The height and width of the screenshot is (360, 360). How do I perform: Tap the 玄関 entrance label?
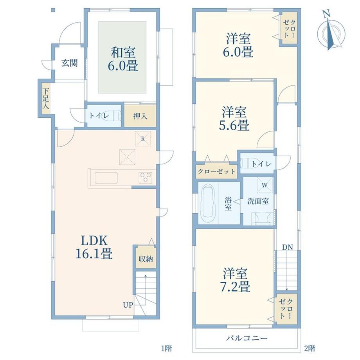point(69,63)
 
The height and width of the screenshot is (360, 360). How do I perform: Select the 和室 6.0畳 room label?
point(123,59)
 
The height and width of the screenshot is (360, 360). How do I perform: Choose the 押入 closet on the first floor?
point(140,116)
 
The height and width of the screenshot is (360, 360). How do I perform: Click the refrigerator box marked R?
point(143,139)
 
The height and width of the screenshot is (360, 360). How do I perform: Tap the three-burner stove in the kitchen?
point(145,178)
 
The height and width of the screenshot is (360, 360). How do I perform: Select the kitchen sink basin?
point(106,178)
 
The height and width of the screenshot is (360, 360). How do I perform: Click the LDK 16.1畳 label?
point(94,247)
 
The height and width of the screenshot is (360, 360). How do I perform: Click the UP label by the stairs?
point(128,305)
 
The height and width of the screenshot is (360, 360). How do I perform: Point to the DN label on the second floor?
point(288,247)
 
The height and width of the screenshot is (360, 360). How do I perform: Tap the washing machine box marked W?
point(265,185)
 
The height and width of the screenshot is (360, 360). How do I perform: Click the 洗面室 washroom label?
point(258,202)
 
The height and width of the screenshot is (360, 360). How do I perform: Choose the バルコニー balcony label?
point(247,338)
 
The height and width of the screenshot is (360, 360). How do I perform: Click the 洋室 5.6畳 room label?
point(234,119)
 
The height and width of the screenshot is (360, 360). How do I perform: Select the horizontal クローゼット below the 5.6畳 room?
point(216,171)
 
